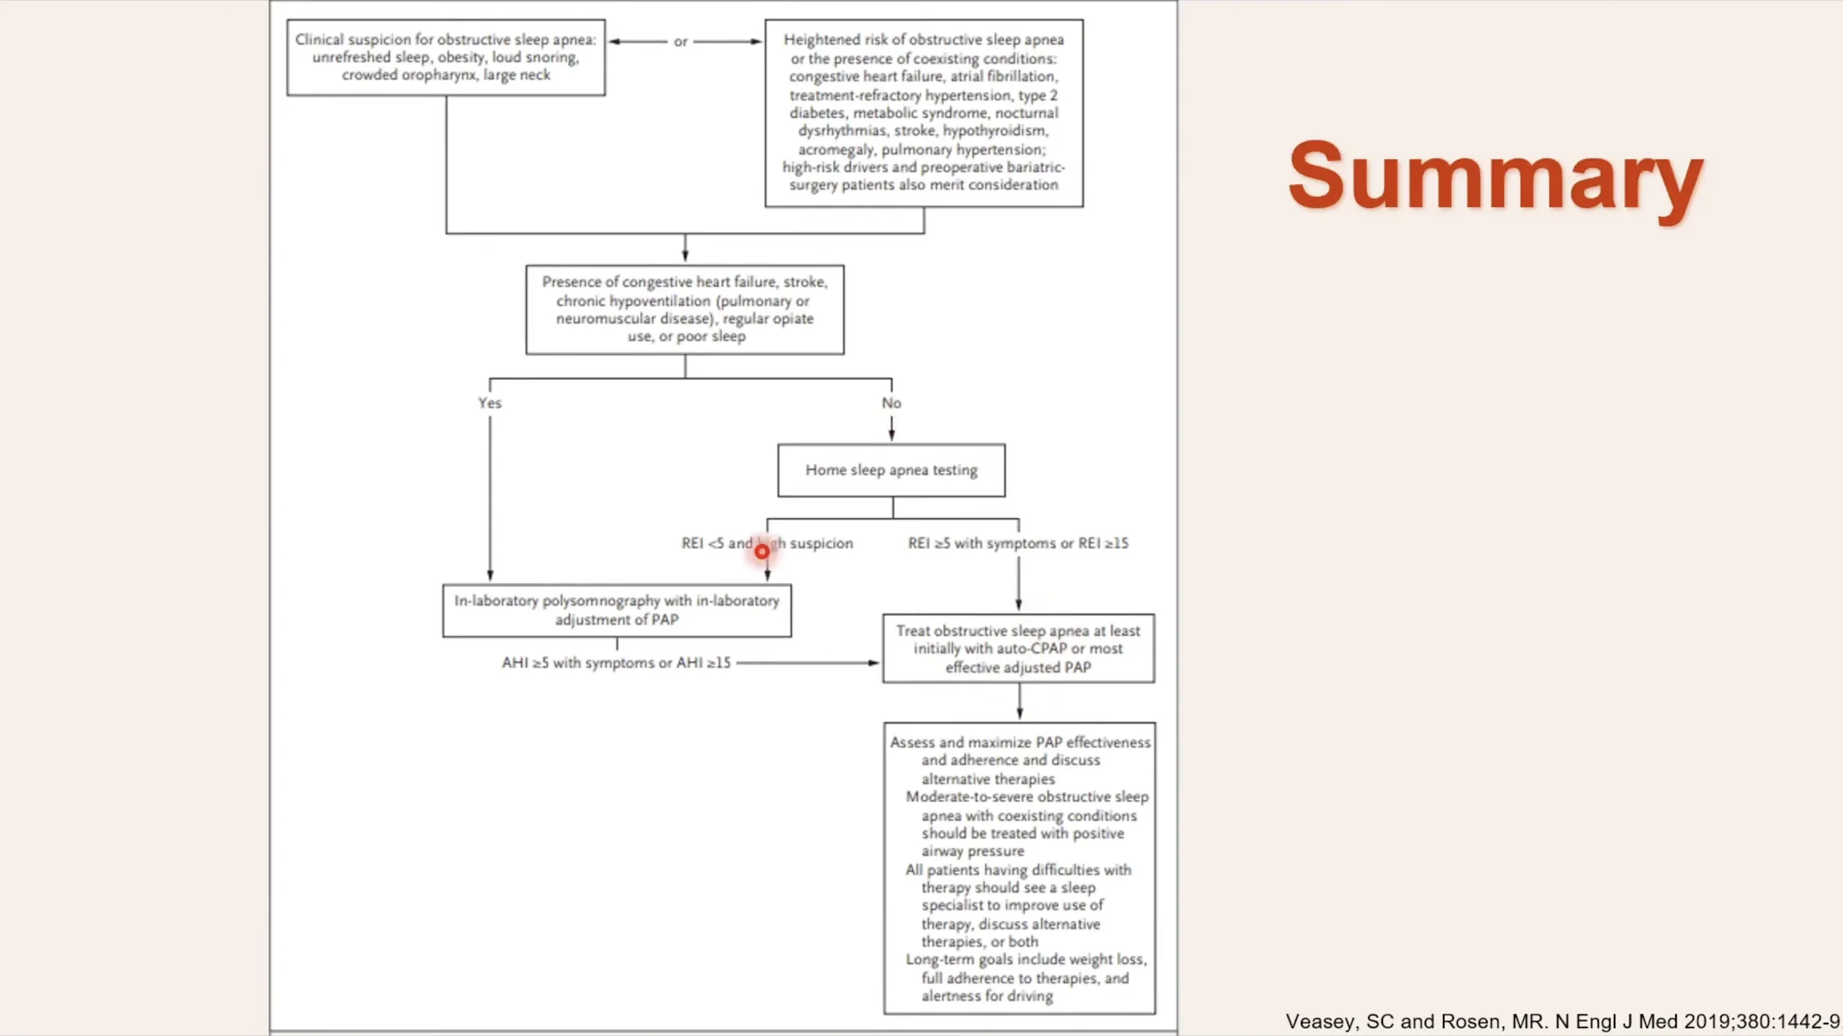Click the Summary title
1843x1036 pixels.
(x=1495, y=176)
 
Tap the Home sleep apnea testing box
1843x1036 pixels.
(x=891, y=471)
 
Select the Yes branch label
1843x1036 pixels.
(x=490, y=403)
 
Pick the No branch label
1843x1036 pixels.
(x=891, y=403)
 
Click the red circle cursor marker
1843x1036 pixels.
(x=762, y=552)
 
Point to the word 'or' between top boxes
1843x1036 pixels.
(x=680, y=42)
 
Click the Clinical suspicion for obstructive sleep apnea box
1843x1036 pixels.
(x=446, y=58)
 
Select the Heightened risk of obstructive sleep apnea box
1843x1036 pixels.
(x=924, y=113)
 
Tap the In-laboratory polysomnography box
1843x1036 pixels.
(x=617, y=610)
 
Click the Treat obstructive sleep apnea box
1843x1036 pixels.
(x=1018, y=648)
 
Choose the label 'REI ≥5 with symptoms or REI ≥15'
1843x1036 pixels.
(x=1018, y=543)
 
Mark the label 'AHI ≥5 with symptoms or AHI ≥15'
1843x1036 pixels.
(x=616, y=663)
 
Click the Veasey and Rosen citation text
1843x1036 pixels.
(x=1562, y=1021)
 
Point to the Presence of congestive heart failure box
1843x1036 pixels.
(x=685, y=309)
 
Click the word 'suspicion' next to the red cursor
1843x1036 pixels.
(x=821, y=543)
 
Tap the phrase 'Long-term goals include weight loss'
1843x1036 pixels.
(x=1026, y=960)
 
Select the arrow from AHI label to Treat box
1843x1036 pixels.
(x=806, y=663)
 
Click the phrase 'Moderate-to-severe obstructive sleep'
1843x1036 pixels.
(x=1027, y=797)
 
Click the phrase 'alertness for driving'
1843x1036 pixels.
(x=987, y=996)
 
